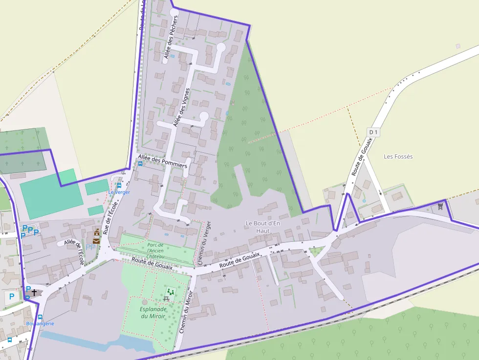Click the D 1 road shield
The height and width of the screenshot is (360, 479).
click(x=373, y=132)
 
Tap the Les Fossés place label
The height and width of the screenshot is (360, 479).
click(x=398, y=157)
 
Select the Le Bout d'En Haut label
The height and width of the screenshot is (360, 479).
click(x=263, y=227)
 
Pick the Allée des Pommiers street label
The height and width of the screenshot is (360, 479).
click(x=162, y=161)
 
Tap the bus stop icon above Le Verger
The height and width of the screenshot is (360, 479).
click(x=119, y=186)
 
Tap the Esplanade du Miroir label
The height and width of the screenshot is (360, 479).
click(x=153, y=313)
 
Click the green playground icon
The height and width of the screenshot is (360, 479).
click(x=170, y=292)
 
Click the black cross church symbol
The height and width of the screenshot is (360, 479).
click(x=34, y=292)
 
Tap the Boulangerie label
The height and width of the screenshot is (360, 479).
click(x=40, y=323)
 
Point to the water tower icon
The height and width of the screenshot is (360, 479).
click(x=440, y=206)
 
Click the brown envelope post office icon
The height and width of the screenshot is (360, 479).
click(x=96, y=240)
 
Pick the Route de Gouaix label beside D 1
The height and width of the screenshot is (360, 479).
click(x=362, y=157)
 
